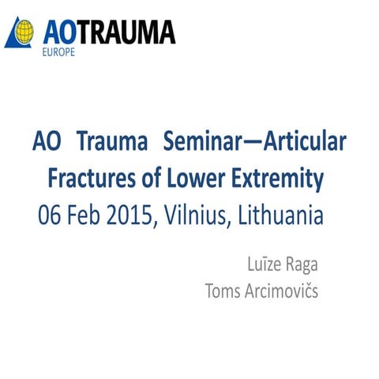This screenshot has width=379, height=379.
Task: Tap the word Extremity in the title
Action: (284, 180)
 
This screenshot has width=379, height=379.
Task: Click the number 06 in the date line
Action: (51, 215)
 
